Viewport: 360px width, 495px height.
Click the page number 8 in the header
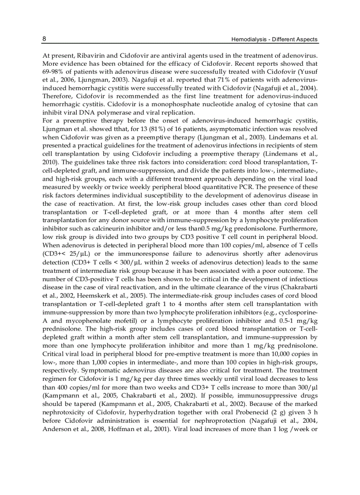coord(44,39)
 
